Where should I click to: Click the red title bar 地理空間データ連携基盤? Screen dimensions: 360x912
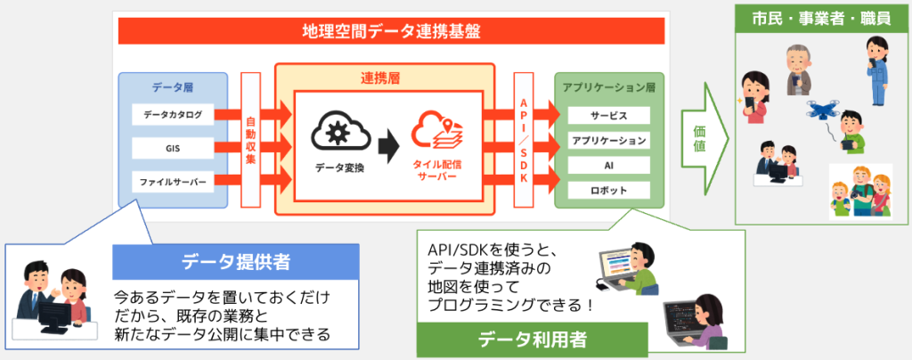(392, 32)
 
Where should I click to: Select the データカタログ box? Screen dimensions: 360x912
(173, 115)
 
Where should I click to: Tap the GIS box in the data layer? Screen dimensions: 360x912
(173, 148)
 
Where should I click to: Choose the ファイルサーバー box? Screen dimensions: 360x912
(173, 182)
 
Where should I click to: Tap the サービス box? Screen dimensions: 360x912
(608, 117)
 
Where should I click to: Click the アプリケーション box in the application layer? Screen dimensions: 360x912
(608, 141)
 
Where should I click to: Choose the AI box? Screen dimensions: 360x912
(608, 166)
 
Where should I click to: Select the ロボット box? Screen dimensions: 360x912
(608, 191)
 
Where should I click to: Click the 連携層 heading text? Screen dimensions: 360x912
(384, 78)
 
